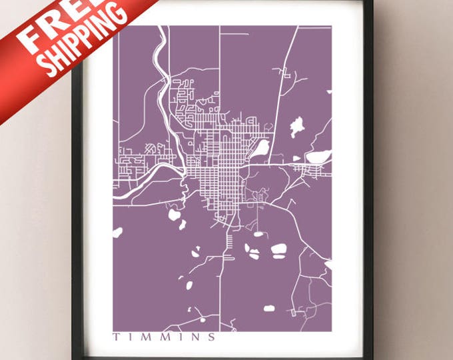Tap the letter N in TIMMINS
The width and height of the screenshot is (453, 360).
(197, 337)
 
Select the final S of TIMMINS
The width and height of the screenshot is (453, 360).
(213, 337)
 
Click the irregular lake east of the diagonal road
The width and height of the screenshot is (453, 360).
(296, 127)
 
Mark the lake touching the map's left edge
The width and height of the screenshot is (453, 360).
(118, 233)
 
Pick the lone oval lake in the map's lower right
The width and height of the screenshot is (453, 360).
(270, 309)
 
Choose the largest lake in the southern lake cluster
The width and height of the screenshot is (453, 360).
(278, 250)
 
